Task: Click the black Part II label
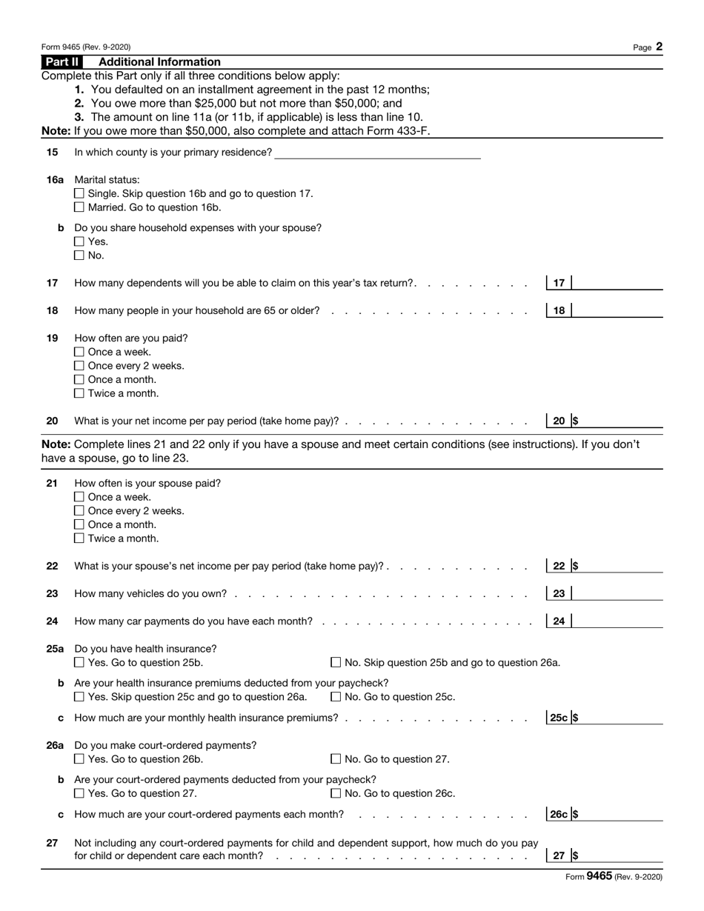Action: [x=62, y=62]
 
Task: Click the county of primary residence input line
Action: [x=377, y=153]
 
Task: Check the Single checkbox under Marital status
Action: [x=80, y=194]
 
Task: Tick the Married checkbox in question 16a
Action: [x=80, y=207]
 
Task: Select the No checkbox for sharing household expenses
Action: [x=80, y=256]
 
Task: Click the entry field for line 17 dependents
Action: [x=617, y=283]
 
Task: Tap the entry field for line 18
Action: [x=617, y=310]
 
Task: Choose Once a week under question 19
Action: [x=80, y=353]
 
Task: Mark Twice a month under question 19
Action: [x=80, y=394]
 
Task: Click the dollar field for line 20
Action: [x=620, y=421]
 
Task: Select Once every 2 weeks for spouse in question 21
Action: [x=80, y=511]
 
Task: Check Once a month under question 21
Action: [x=80, y=525]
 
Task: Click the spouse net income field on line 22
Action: [x=620, y=566]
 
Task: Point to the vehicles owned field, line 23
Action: [x=617, y=593]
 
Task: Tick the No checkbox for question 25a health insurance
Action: [x=336, y=663]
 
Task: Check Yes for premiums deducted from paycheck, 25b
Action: [x=80, y=697]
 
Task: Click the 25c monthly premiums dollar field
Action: [x=620, y=718]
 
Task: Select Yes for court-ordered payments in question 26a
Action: [x=80, y=759]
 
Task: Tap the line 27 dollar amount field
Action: [x=620, y=855]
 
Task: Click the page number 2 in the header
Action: [x=659, y=47]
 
